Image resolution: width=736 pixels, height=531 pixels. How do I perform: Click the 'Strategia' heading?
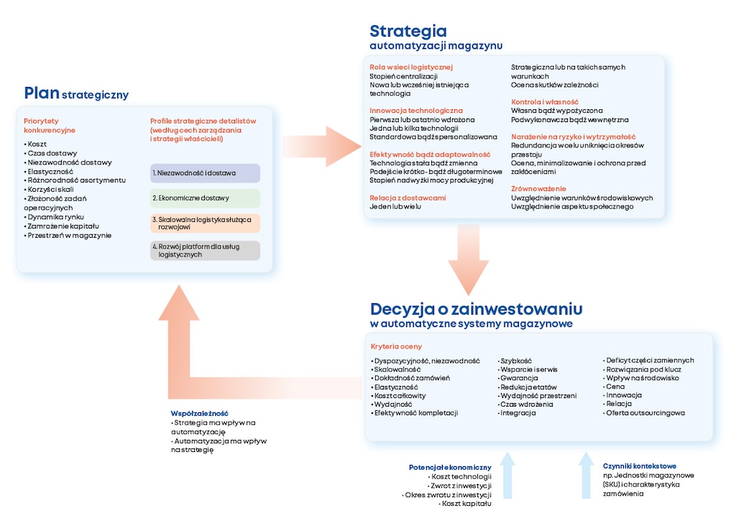(x=408, y=31)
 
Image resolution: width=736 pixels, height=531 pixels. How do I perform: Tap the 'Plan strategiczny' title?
(x=76, y=93)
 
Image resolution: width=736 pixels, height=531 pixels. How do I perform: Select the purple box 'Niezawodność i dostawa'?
(x=205, y=173)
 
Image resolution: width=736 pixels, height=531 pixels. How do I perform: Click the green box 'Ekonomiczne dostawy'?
(x=205, y=198)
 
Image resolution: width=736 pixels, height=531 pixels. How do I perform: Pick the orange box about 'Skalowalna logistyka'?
(x=205, y=223)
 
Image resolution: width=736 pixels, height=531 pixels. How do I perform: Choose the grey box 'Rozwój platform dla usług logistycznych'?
(x=205, y=250)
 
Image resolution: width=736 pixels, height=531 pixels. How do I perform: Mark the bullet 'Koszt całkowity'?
(x=400, y=395)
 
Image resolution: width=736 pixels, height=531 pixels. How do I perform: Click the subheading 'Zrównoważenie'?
(x=538, y=189)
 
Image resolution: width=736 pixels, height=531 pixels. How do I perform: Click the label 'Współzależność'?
(x=199, y=413)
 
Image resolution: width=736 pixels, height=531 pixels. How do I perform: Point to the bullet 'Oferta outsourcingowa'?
(x=645, y=413)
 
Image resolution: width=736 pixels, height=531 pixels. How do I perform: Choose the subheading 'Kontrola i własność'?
(x=545, y=102)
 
